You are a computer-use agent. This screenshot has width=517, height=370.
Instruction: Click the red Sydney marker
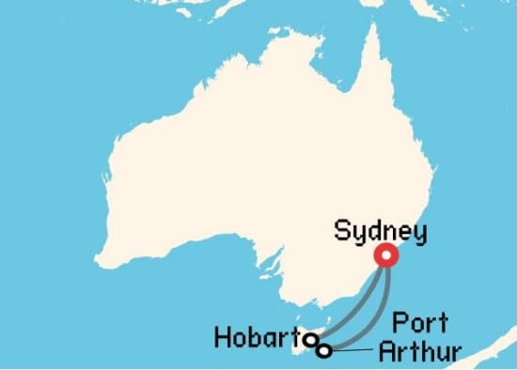(x=385, y=256)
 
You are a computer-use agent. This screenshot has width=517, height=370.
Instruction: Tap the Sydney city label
(x=381, y=231)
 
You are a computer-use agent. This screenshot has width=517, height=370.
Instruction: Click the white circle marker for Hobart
(x=310, y=340)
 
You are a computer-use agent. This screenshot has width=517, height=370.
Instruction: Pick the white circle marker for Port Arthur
(x=324, y=351)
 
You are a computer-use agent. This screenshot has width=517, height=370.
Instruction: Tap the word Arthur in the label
(x=419, y=352)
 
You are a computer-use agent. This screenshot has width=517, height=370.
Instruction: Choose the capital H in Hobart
(x=223, y=337)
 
